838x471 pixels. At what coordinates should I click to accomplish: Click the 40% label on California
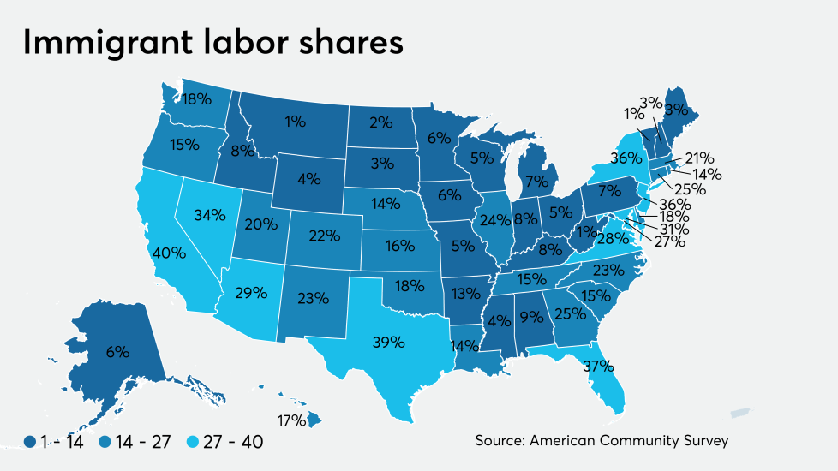(168, 253)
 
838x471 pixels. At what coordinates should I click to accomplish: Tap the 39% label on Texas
(388, 342)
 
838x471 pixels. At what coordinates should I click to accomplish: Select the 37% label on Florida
(598, 367)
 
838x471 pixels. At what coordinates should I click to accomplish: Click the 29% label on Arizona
(252, 292)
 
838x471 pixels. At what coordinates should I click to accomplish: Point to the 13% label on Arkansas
(466, 293)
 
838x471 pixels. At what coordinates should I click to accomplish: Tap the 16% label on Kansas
(399, 245)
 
